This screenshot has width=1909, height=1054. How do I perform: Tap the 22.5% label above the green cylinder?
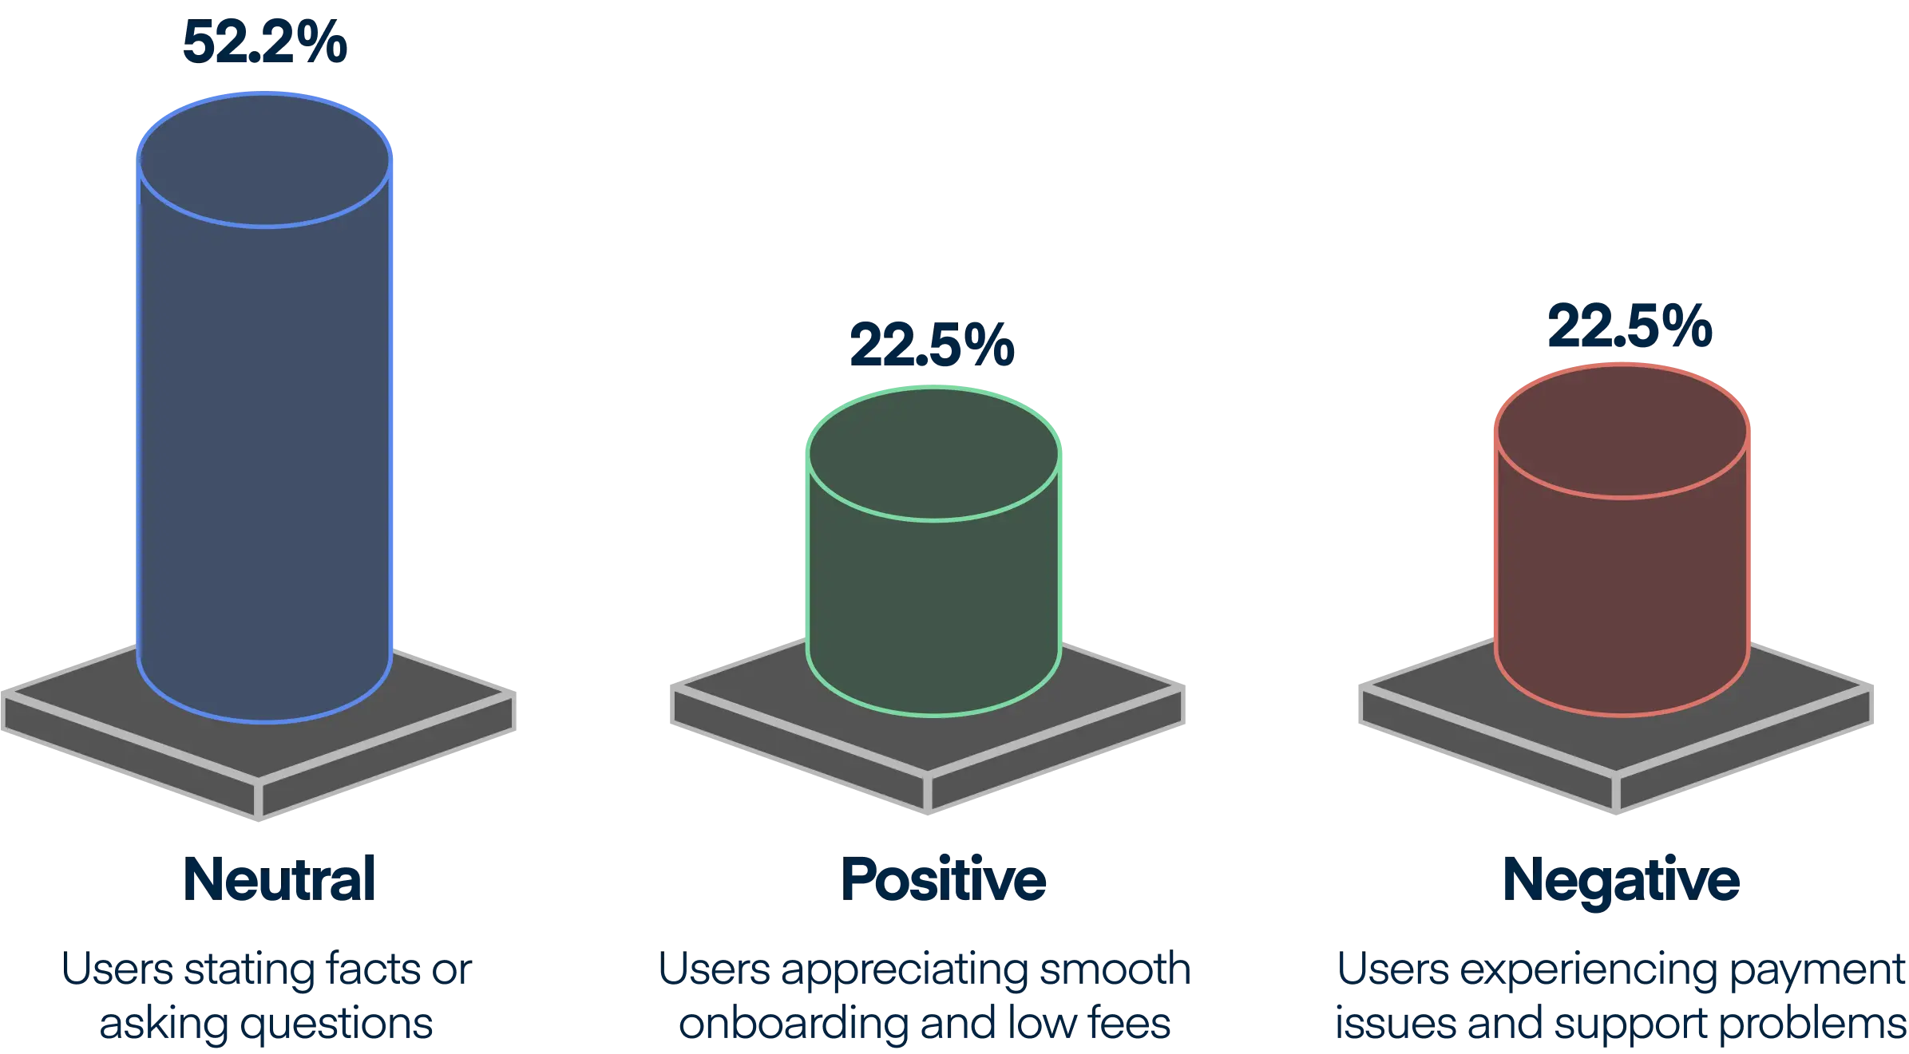(932, 345)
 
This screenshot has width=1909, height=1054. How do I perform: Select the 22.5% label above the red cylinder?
(1629, 327)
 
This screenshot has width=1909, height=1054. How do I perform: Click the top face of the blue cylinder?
(265, 161)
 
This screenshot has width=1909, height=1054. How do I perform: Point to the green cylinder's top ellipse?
(933, 455)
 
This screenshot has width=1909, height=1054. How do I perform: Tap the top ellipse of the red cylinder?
(1622, 432)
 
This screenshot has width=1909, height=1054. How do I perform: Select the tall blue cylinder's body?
(265, 447)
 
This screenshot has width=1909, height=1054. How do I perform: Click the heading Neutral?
(279, 878)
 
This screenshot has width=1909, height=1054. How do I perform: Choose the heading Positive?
(944, 879)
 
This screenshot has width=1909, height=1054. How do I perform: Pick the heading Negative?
(1621, 879)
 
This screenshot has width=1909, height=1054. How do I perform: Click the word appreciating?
(905, 971)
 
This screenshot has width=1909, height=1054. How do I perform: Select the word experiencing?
(1585, 971)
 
